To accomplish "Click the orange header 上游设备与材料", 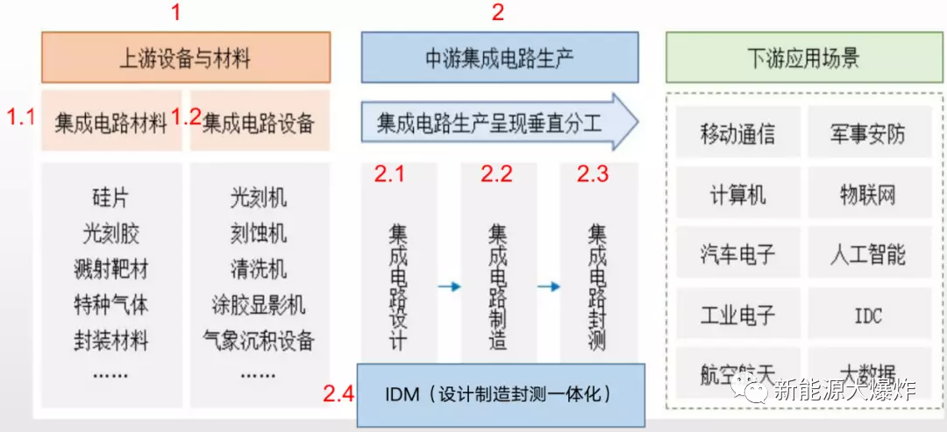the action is pyautogui.click(x=185, y=59).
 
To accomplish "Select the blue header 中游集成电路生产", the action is pyautogui.click(x=499, y=59).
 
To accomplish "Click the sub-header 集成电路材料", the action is pyautogui.click(x=110, y=123).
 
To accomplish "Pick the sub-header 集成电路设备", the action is pyautogui.click(x=259, y=123).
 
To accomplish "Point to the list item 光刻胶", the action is pyautogui.click(x=110, y=234).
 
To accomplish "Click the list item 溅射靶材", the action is pyautogui.click(x=110, y=269).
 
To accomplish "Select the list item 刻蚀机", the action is pyautogui.click(x=259, y=234).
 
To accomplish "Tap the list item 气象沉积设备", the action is pyautogui.click(x=259, y=339).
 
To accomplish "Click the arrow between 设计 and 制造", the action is pyautogui.click(x=449, y=287).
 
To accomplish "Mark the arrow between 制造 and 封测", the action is pyautogui.click(x=549, y=287).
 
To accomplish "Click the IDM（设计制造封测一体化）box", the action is pyautogui.click(x=500, y=394).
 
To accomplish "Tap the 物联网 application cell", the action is pyautogui.click(x=867, y=194).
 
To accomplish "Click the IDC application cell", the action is pyautogui.click(x=867, y=315).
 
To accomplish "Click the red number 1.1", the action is pyautogui.click(x=22, y=117).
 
